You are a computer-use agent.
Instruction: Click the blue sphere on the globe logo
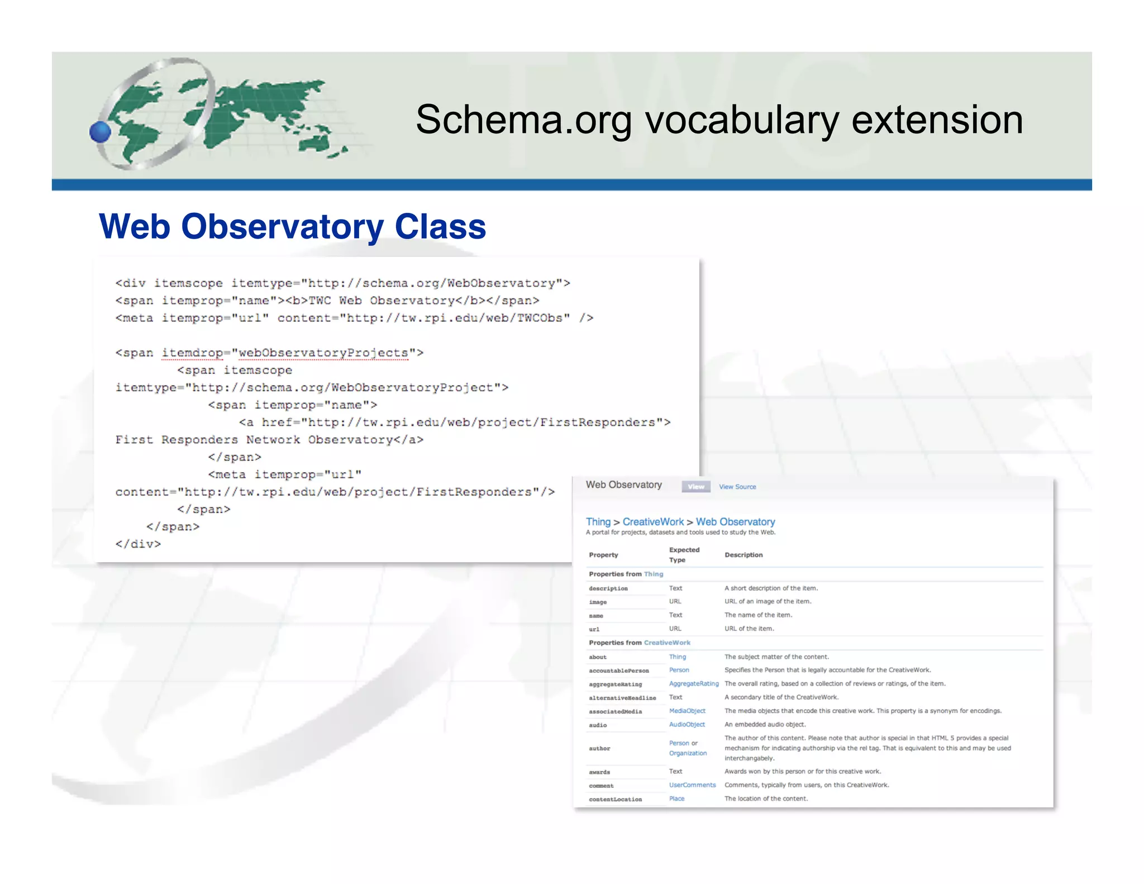point(101,132)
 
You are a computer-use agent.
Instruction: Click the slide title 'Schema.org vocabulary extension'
point(719,120)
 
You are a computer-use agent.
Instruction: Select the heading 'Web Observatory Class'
point(292,226)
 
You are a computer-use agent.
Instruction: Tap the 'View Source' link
point(737,487)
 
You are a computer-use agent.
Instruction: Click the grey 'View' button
point(696,487)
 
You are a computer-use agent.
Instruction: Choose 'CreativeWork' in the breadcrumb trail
point(653,521)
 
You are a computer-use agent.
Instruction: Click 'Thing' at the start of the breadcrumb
point(598,521)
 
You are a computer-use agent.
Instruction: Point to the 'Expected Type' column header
point(684,555)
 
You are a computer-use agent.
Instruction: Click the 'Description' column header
point(743,555)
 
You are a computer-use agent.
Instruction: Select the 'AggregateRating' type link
point(694,683)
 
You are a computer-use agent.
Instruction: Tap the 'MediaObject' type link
point(687,711)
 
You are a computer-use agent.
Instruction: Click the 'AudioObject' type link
point(687,724)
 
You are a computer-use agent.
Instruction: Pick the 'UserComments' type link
point(692,785)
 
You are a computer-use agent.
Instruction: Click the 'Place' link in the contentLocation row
point(676,799)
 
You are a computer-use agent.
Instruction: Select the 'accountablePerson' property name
point(618,671)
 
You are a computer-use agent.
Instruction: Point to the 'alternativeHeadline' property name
point(622,698)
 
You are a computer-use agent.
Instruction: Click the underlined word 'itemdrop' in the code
point(192,353)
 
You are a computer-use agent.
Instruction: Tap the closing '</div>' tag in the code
point(138,544)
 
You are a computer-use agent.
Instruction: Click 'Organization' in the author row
point(688,753)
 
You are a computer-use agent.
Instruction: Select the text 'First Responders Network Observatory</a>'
point(269,440)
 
